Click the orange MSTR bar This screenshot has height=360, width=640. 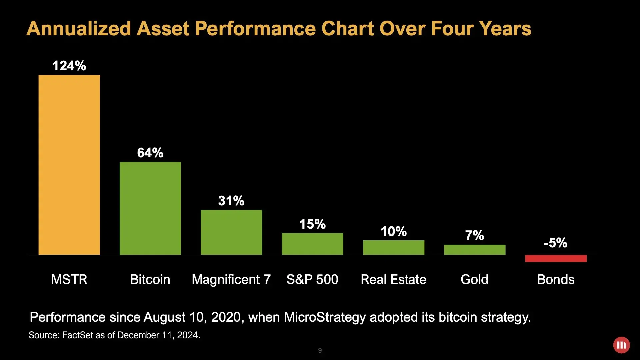[69, 165]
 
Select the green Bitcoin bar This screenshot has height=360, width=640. [150, 208]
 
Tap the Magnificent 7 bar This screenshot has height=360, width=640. [231, 232]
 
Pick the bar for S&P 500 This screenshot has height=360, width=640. [312, 244]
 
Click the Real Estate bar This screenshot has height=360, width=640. [393, 248]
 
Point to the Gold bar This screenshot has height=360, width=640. [475, 250]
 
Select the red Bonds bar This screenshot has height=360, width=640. [556, 258]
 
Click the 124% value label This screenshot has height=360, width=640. [69, 66]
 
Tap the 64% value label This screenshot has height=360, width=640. [150, 153]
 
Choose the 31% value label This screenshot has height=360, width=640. [231, 201]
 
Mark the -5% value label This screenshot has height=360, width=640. [555, 243]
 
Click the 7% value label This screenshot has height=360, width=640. [475, 235]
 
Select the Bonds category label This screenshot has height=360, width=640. [556, 279]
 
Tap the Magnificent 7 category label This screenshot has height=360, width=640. [231, 279]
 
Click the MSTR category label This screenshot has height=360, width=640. [69, 279]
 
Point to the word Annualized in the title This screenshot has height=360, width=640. [79, 29]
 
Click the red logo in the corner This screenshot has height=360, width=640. [621, 345]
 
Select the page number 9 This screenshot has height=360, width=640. [320, 350]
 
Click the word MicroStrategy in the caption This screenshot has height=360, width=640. [325, 317]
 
